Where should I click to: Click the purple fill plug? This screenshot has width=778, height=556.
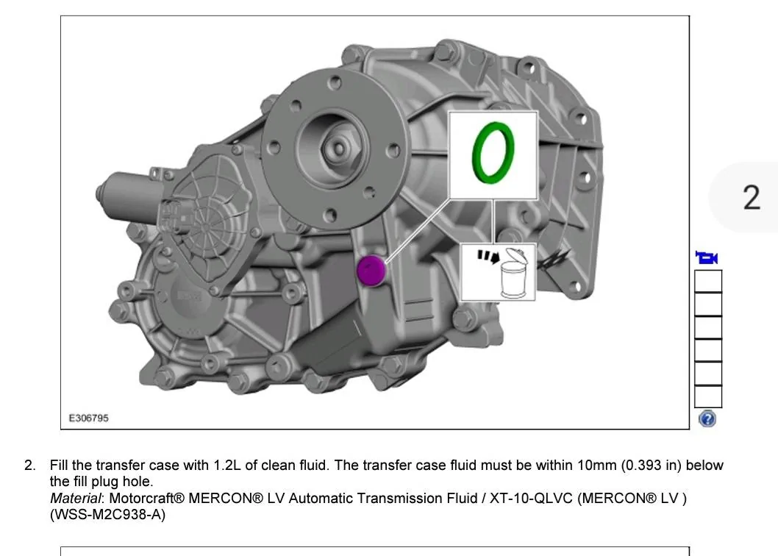371,271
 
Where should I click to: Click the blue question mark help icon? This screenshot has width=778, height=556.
707,419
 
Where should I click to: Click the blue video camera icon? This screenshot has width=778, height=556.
707,257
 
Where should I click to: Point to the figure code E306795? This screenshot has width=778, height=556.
88,418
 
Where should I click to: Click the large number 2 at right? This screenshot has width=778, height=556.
752,197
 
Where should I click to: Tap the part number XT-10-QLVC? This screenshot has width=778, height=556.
531,498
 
